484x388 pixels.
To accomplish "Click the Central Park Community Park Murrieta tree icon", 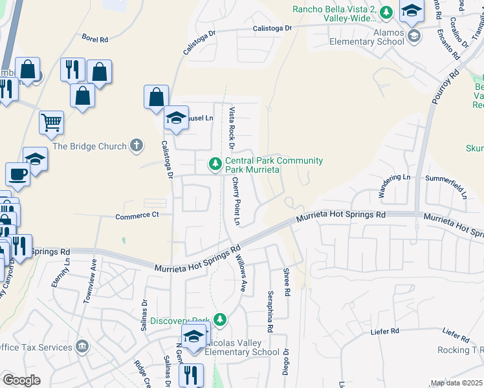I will pos(215,165).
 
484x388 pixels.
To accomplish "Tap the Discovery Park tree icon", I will pos(221,320).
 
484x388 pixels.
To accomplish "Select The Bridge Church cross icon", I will pos(136,145).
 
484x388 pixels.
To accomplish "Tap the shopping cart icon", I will pos(51,122).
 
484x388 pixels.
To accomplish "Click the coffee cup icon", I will pos(17,173).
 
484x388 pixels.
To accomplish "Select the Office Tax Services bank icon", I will pos(82,347).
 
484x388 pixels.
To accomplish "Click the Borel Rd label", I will pos(94,38).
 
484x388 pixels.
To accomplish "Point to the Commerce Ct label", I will pos(137,216).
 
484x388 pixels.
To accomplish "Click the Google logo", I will pos(21,380).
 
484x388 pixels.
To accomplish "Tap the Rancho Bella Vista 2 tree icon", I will pos(386,12).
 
